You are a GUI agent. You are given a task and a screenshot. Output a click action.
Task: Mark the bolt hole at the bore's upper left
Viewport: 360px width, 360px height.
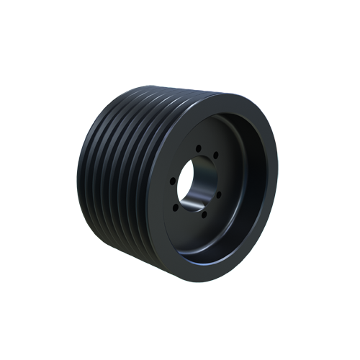174,163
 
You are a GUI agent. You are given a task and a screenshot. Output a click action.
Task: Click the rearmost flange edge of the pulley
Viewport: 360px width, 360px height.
82,180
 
